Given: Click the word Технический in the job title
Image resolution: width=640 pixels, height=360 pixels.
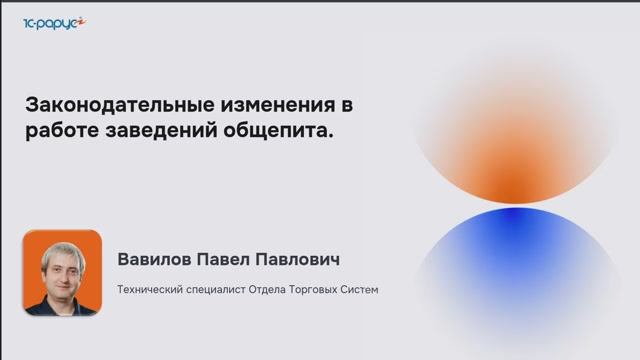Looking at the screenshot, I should coord(149,290).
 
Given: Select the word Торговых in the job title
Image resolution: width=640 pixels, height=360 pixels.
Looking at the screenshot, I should coord(320,290).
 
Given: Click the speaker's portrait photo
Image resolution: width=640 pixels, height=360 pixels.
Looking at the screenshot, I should coord(62,273).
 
